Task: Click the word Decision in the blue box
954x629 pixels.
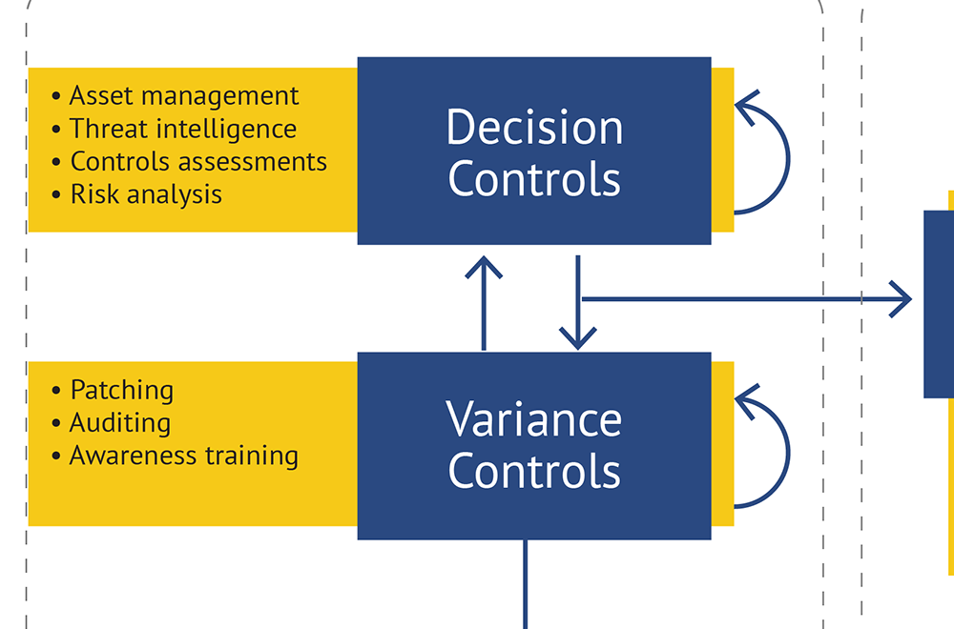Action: click(x=534, y=128)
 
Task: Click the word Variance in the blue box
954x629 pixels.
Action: click(x=534, y=419)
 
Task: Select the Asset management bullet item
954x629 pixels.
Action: click(x=184, y=96)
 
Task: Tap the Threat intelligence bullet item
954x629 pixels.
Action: click(x=183, y=129)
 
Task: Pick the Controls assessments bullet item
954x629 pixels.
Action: click(x=198, y=161)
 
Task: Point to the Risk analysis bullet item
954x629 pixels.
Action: click(x=146, y=194)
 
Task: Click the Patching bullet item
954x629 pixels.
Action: click(x=122, y=390)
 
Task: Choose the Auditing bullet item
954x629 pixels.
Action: click(x=120, y=422)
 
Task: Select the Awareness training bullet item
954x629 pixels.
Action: click(x=184, y=456)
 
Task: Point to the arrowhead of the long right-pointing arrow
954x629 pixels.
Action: click(x=902, y=299)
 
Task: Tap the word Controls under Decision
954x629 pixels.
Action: click(x=534, y=179)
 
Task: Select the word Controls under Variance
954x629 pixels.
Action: click(x=534, y=471)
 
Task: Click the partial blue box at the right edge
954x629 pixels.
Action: click(x=940, y=303)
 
